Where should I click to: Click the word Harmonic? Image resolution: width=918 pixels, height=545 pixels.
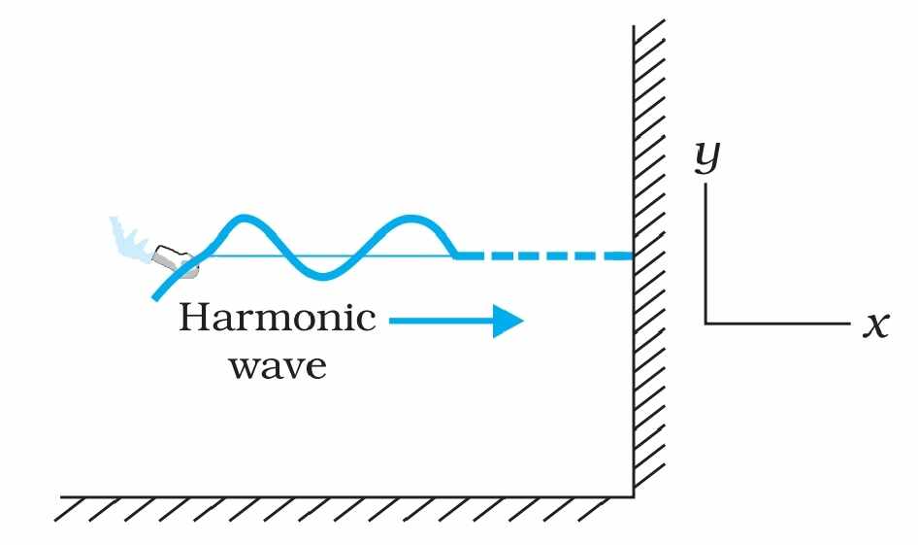(x=277, y=319)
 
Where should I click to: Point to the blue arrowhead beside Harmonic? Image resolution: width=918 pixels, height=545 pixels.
(x=508, y=320)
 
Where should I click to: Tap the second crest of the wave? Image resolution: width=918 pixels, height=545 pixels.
(x=414, y=219)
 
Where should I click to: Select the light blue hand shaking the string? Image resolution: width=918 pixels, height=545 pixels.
(x=129, y=238)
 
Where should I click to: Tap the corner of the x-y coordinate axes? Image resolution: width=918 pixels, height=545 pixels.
(x=706, y=322)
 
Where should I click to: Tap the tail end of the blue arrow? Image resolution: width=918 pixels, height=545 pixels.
(x=390, y=320)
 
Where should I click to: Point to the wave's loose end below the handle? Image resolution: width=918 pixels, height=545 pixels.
(x=154, y=298)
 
